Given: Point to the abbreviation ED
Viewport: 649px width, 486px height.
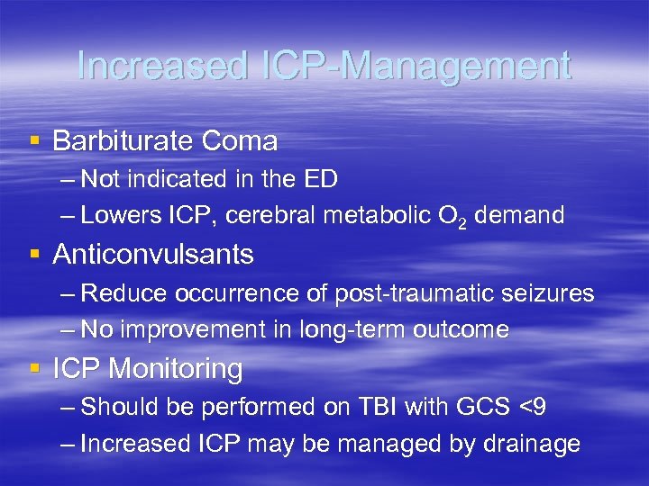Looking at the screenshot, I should [322, 179].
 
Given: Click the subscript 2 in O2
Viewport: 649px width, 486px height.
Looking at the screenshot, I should [462, 221].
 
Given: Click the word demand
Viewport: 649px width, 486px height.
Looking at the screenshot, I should [520, 215].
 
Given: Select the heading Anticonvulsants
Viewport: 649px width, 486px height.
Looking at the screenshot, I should [153, 255].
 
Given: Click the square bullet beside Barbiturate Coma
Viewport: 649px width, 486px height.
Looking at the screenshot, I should [34, 141].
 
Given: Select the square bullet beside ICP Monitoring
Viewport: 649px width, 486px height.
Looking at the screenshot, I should [34, 369].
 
